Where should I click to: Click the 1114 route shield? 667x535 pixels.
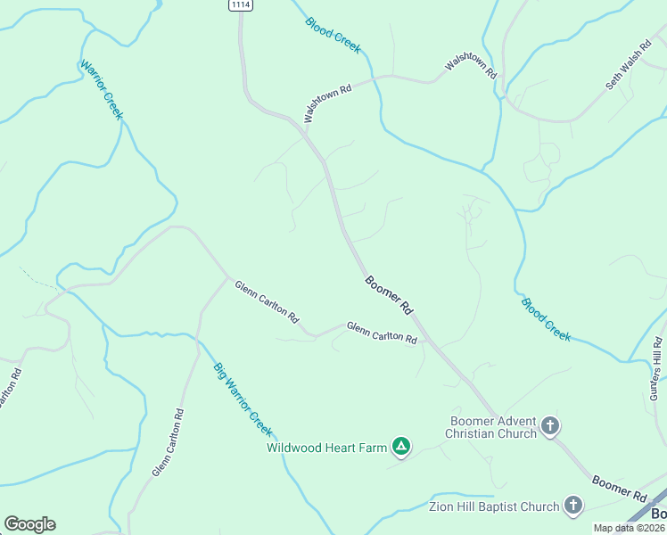[239, 5]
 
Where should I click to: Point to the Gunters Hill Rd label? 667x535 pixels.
[656, 367]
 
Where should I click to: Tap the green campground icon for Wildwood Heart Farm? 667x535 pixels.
[401, 446]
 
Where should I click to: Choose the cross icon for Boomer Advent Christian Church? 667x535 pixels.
[550, 426]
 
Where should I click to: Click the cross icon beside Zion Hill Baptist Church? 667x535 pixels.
[574, 506]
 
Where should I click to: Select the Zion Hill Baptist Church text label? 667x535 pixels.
[492, 507]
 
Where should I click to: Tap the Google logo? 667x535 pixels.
[29, 524]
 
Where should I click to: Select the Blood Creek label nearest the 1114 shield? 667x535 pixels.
[333, 35]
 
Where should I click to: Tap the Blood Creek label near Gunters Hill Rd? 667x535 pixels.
[546, 318]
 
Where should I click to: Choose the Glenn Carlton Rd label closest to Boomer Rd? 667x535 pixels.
[382, 333]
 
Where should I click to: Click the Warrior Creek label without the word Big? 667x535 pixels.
[101, 90]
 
